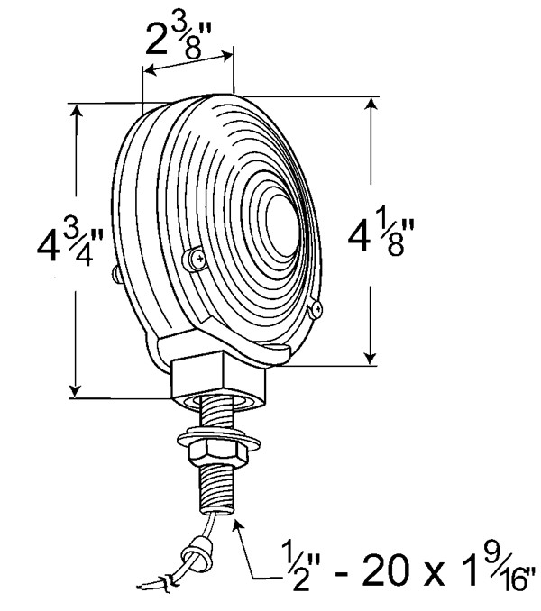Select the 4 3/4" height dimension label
[70, 246]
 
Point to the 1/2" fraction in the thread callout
[297, 567]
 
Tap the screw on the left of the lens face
[196, 259]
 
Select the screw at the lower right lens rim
[316, 308]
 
